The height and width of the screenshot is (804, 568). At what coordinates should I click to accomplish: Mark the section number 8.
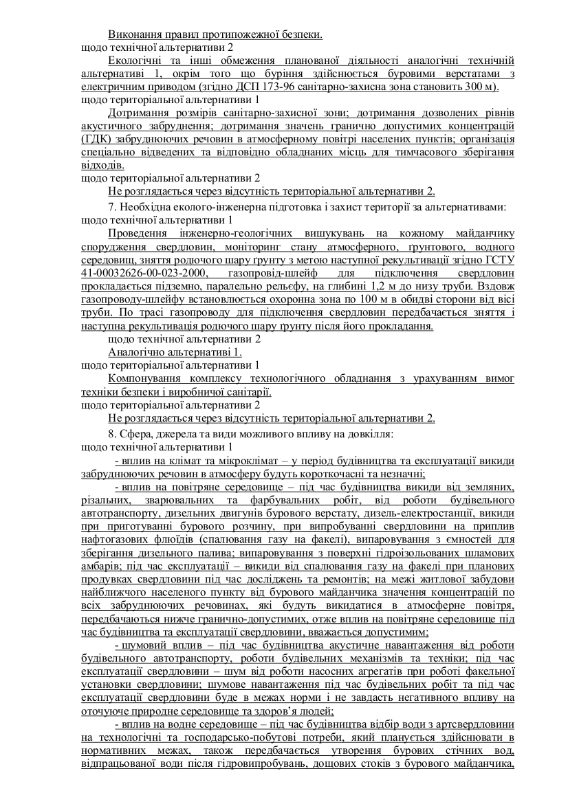point(111,434)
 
